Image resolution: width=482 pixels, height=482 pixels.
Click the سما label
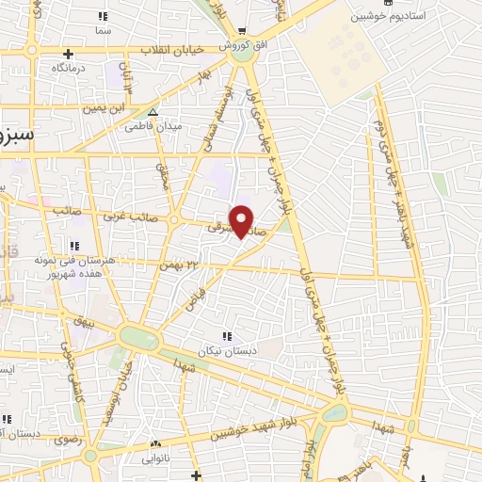pyautogui.click(x=104, y=31)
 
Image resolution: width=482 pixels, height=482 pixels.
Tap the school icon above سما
pyautogui.click(x=104, y=17)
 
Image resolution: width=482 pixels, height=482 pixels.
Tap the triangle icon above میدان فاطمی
pyautogui.click(x=153, y=112)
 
